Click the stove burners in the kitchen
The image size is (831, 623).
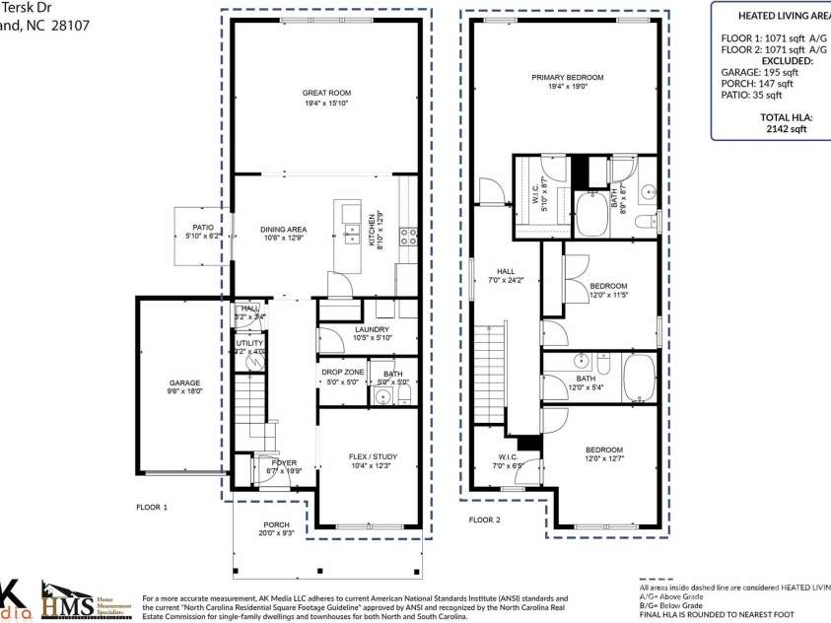pyautogui.click(x=409, y=236)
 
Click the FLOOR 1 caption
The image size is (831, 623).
pyautogui.click(x=152, y=507)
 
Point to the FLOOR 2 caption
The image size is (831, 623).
pyautogui.click(x=484, y=519)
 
